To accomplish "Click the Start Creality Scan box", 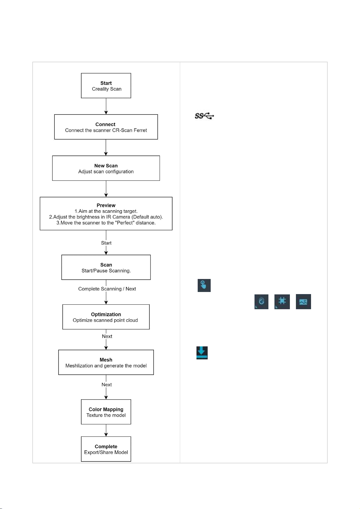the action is [106, 86].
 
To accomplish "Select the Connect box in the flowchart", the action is [106, 127].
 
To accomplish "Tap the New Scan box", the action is [106, 168].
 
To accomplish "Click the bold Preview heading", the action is [106, 205].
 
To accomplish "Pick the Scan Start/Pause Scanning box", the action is [106, 267].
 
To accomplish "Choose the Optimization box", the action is [106, 317].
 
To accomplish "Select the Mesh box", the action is [106, 362].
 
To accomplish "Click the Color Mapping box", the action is [106, 412].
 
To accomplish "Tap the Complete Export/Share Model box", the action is [106, 449].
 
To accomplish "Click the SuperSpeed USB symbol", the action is [204, 116].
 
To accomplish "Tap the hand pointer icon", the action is [204, 285].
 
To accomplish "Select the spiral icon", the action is [261, 302].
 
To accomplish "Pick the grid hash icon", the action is [282, 302].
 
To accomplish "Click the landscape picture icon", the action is [303, 302].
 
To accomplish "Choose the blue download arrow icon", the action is [202, 353].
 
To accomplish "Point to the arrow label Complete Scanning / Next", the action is [107, 289].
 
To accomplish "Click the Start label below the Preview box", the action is [106, 243].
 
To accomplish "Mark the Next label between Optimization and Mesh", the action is [107, 336].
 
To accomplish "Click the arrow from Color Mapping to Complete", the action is [106, 430].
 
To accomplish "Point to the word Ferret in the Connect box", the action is [140, 130].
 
